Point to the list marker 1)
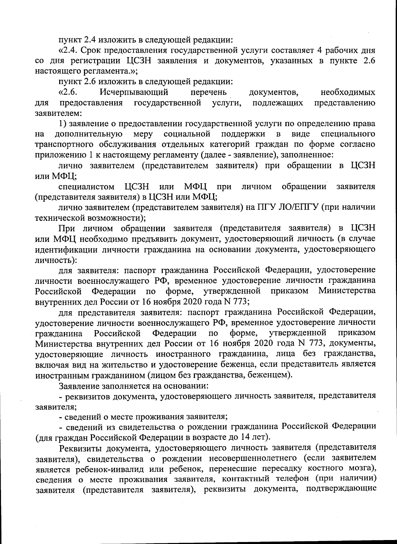tap(63, 124)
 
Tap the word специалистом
tap(87, 186)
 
